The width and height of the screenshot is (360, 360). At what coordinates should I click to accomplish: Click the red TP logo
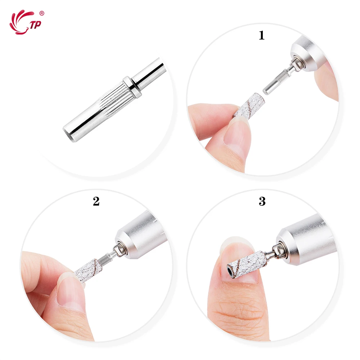[25, 22]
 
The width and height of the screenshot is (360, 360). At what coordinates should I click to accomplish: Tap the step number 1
[262, 35]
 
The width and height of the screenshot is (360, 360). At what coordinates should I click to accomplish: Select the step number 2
[96, 201]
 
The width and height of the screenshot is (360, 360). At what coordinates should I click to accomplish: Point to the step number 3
[262, 201]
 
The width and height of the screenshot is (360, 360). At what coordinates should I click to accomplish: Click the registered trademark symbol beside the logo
[42, 13]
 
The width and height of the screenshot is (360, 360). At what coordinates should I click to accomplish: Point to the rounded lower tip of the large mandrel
[69, 133]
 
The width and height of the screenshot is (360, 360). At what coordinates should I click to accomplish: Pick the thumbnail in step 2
[68, 295]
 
